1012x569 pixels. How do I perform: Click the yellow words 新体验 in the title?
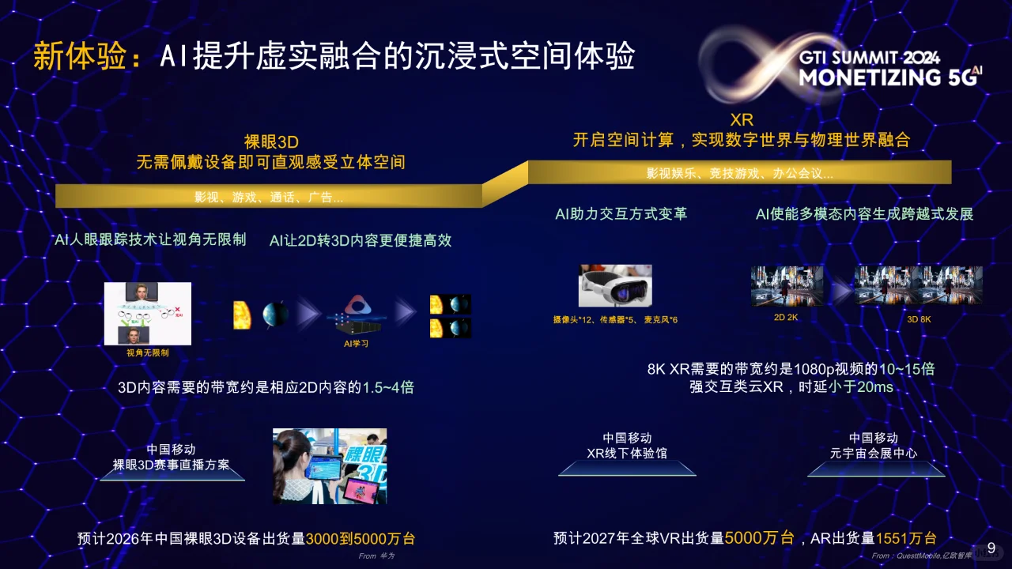pyautogui.click(x=79, y=57)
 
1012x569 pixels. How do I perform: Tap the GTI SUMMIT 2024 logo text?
pyautogui.click(x=869, y=58)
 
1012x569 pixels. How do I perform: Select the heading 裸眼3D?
pyautogui.click(x=270, y=142)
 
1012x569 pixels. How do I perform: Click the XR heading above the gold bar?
pyautogui.click(x=742, y=120)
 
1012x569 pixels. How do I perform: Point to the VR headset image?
pyautogui.click(x=616, y=285)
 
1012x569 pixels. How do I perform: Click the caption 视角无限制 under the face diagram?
pyautogui.click(x=148, y=352)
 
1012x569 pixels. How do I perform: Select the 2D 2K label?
pyautogui.click(x=786, y=318)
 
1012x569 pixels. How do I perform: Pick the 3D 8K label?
pyautogui.click(x=919, y=318)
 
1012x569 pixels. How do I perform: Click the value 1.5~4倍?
pyautogui.click(x=388, y=387)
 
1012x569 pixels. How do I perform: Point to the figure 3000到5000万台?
pyautogui.click(x=361, y=539)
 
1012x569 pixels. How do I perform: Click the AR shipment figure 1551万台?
pyautogui.click(x=906, y=538)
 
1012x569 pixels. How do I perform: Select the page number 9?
pyautogui.click(x=991, y=548)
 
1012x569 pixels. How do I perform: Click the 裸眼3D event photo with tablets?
pyautogui.click(x=330, y=465)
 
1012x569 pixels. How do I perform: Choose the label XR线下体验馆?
pyautogui.click(x=627, y=453)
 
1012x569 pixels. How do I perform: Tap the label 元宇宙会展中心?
pyautogui.click(x=874, y=453)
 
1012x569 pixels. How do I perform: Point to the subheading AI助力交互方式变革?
pyautogui.click(x=621, y=214)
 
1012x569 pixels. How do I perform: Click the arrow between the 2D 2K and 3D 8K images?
pyautogui.click(x=839, y=292)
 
